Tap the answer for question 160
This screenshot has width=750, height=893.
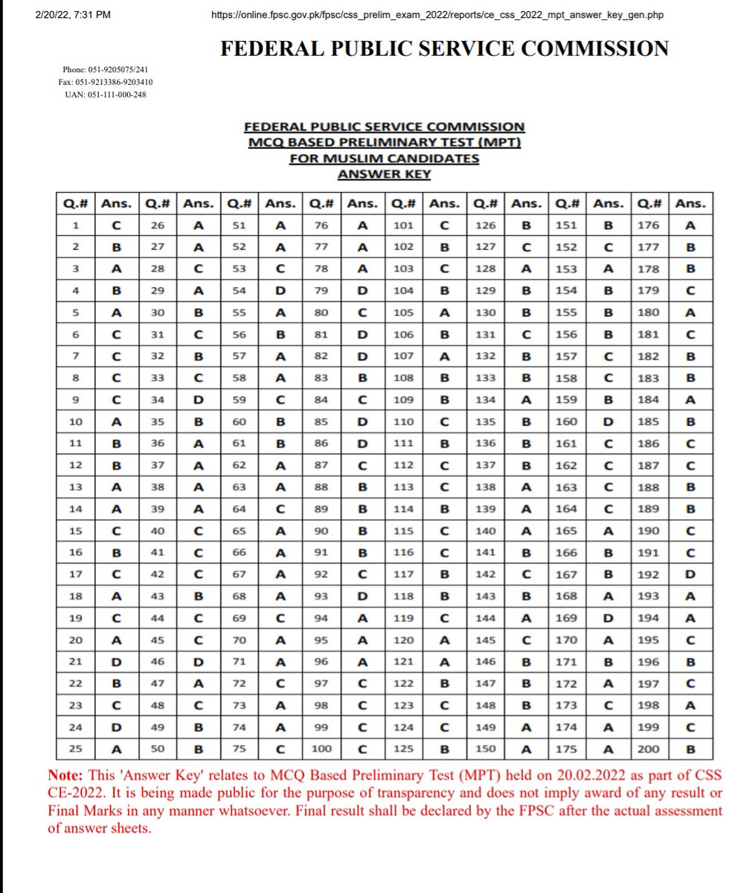tap(609, 422)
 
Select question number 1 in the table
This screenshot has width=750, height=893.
tap(77, 225)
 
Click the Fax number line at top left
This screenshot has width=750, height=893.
tap(106, 82)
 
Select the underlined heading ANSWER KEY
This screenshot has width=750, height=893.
tap(385, 174)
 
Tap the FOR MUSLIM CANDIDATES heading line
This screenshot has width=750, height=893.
tap(385, 159)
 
